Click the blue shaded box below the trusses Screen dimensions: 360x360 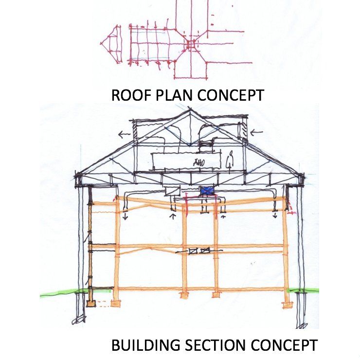pos(207,191)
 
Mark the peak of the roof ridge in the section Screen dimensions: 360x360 pos(186,110)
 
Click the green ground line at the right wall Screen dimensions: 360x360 pos(304,290)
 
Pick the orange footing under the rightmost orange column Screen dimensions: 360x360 pos(287,305)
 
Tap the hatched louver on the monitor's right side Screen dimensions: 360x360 pos(245,129)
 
